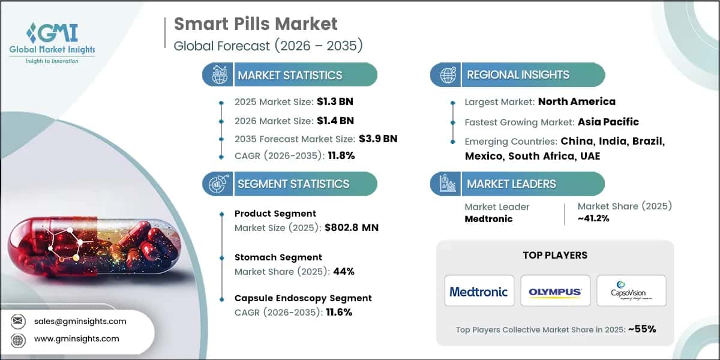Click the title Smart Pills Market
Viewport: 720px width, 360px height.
pos(256,24)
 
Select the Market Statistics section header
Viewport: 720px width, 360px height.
pos(290,75)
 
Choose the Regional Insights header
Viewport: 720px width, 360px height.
pos(518,75)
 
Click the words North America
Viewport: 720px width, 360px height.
pos(577,101)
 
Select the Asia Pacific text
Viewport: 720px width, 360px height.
pos(608,122)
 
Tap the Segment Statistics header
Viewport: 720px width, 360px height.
pos(293,184)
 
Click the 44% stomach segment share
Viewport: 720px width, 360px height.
pos(344,271)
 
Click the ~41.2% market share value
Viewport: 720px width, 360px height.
pos(593,218)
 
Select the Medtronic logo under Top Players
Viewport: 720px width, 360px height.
pos(479,292)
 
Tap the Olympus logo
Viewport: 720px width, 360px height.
pos(555,292)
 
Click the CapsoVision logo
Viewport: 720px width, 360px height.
pos(631,292)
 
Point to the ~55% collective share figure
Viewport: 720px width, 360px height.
pos(642,328)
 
